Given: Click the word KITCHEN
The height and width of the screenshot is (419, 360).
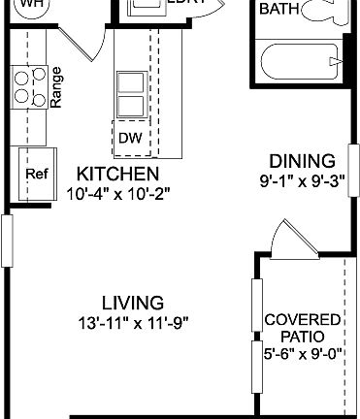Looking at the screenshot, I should (x=117, y=174).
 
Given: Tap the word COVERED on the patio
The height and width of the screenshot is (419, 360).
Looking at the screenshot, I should (x=303, y=319).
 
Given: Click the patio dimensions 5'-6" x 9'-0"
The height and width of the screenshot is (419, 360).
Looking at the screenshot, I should (x=303, y=354).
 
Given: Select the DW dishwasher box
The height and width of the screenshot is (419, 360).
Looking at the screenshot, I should (x=129, y=138).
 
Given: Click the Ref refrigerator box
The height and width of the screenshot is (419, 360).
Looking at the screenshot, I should (x=37, y=175).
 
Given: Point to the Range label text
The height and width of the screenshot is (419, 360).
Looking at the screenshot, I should (x=57, y=86).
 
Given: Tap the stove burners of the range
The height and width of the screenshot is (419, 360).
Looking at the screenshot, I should (x=27, y=86).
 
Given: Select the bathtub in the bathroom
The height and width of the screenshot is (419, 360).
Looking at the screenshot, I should (x=300, y=63).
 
